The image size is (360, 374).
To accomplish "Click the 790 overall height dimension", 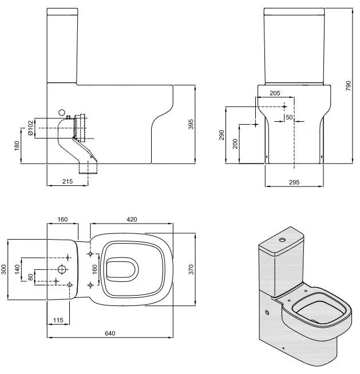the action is point(349,86).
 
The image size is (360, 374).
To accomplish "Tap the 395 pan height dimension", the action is point(191,125).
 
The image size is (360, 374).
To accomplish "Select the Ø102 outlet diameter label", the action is point(30,128).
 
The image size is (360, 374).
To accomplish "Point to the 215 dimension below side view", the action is point(68,181).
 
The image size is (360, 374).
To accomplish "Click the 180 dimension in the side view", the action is point(17,146).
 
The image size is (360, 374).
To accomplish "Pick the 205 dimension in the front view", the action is point(275,93).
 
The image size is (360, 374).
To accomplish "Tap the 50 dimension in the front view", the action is point(289,117).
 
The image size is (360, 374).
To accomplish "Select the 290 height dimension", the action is point(222,135).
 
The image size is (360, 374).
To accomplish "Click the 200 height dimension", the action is point(235,144).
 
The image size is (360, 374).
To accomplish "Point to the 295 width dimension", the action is point(294,182).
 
